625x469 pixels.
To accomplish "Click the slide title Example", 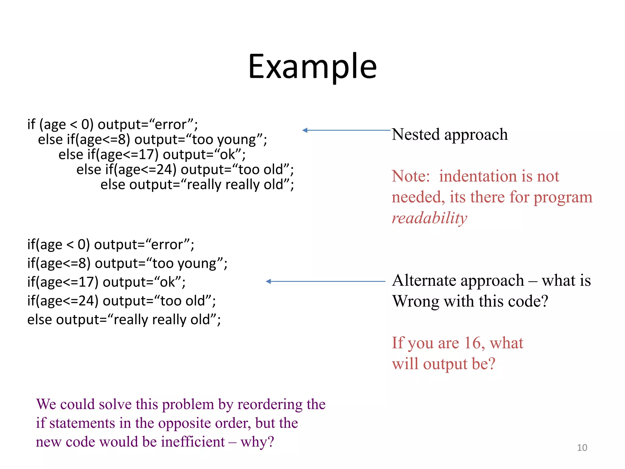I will tap(312, 67).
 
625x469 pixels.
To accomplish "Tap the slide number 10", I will tap(582, 448).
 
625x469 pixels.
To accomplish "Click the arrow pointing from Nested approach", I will tap(346, 130).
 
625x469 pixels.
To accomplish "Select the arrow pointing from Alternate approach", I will tap(325, 282).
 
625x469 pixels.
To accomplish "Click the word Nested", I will tap(416, 134).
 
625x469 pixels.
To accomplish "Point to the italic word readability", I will tap(429, 218).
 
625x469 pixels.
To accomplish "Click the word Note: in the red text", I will tap(411, 176).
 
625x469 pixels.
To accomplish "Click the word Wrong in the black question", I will tap(416, 301).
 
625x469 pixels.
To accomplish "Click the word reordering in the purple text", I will tap(270, 404).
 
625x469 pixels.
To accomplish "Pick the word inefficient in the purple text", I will tap(193, 442).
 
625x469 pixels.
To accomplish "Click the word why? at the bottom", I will tap(257, 442).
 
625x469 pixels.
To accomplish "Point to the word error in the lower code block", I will tap(167, 245).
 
